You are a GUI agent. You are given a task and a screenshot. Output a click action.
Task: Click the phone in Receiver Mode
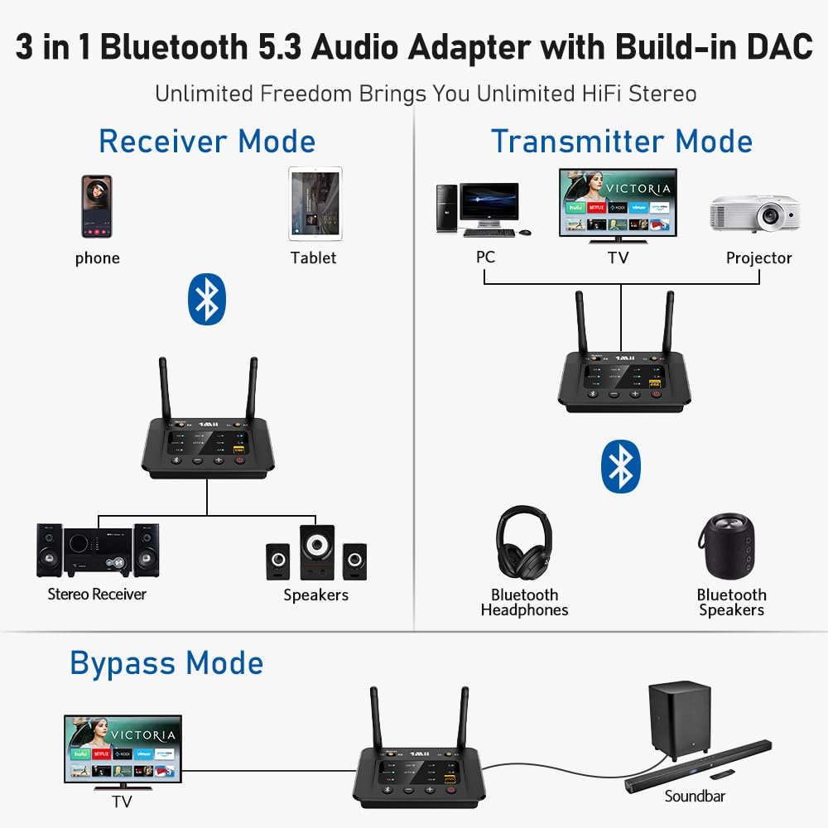pyautogui.click(x=96, y=206)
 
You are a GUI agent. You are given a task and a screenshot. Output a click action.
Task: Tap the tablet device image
pyautogui.click(x=315, y=205)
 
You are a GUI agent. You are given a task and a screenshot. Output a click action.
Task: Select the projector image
pyautogui.click(x=754, y=214)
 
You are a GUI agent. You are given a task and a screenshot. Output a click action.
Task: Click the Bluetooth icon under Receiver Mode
pyautogui.click(x=207, y=299)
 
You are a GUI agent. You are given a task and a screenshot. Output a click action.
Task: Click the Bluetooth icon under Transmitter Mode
pyautogui.click(x=620, y=467)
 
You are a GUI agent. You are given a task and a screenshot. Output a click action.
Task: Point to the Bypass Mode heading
pyautogui.click(x=166, y=663)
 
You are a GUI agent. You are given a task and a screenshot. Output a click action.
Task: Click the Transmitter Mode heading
pyautogui.click(x=621, y=141)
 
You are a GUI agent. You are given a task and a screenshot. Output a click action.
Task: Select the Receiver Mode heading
pyautogui.click(x=207, y=141)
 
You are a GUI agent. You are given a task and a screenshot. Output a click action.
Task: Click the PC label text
pyautogui.click(x=485, y=258)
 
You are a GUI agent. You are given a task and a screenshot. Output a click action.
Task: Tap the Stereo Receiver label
pyautogui.click(x=97, y=594)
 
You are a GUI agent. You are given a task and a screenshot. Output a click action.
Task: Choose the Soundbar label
pyautogui.click(x=695, y=796)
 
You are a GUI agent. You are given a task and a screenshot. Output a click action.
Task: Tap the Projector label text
pyautogui.click(x=758, y=258)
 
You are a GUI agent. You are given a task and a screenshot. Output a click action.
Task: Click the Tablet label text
pyautogui.click(x=313, y=258)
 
